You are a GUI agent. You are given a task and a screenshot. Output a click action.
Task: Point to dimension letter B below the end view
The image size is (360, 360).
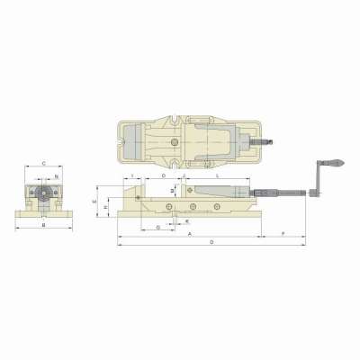tap(44, 225)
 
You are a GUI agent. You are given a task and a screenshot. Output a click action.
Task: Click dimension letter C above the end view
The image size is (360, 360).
tap(44, 164)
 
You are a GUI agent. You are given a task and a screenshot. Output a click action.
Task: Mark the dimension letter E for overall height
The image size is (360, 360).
tap(94, 203)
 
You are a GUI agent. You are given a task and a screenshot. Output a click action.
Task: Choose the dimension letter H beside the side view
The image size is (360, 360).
tap(106, 208)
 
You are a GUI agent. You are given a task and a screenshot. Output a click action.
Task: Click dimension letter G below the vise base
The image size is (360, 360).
tap(158, 228)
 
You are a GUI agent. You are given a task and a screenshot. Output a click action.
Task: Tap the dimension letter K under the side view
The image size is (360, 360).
tap(187, 220)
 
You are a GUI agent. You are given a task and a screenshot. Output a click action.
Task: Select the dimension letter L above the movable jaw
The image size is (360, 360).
tap(220, 177)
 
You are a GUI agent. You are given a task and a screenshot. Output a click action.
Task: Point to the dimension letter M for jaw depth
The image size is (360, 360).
tap(172, 191)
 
